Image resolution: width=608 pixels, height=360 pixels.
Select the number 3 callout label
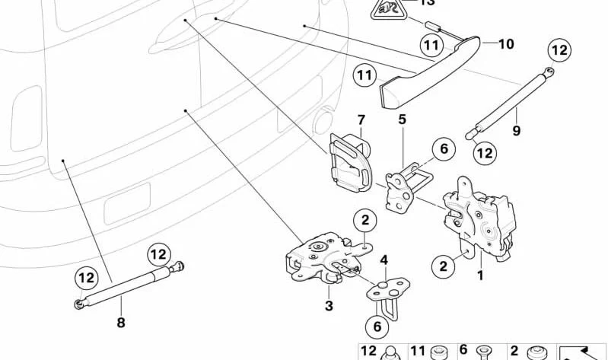click(329, 306)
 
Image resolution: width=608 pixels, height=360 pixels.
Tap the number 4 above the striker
click(384, 260)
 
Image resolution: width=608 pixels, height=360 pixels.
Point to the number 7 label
click(361, 119)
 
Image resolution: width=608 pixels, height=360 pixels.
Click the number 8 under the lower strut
click(120, 322)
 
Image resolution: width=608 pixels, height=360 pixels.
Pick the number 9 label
click(516, 131)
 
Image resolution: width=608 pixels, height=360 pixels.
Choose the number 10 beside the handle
click(506, 44)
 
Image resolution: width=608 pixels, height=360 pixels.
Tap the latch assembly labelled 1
click(479, 217)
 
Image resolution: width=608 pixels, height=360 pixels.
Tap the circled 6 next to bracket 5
click(443, 150)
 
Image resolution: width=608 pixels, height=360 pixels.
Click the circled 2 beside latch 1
click(443, 266)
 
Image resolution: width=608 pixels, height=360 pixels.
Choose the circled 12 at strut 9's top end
click(559, 51)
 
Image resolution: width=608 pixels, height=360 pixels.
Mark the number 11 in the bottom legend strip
click(418, 351)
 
